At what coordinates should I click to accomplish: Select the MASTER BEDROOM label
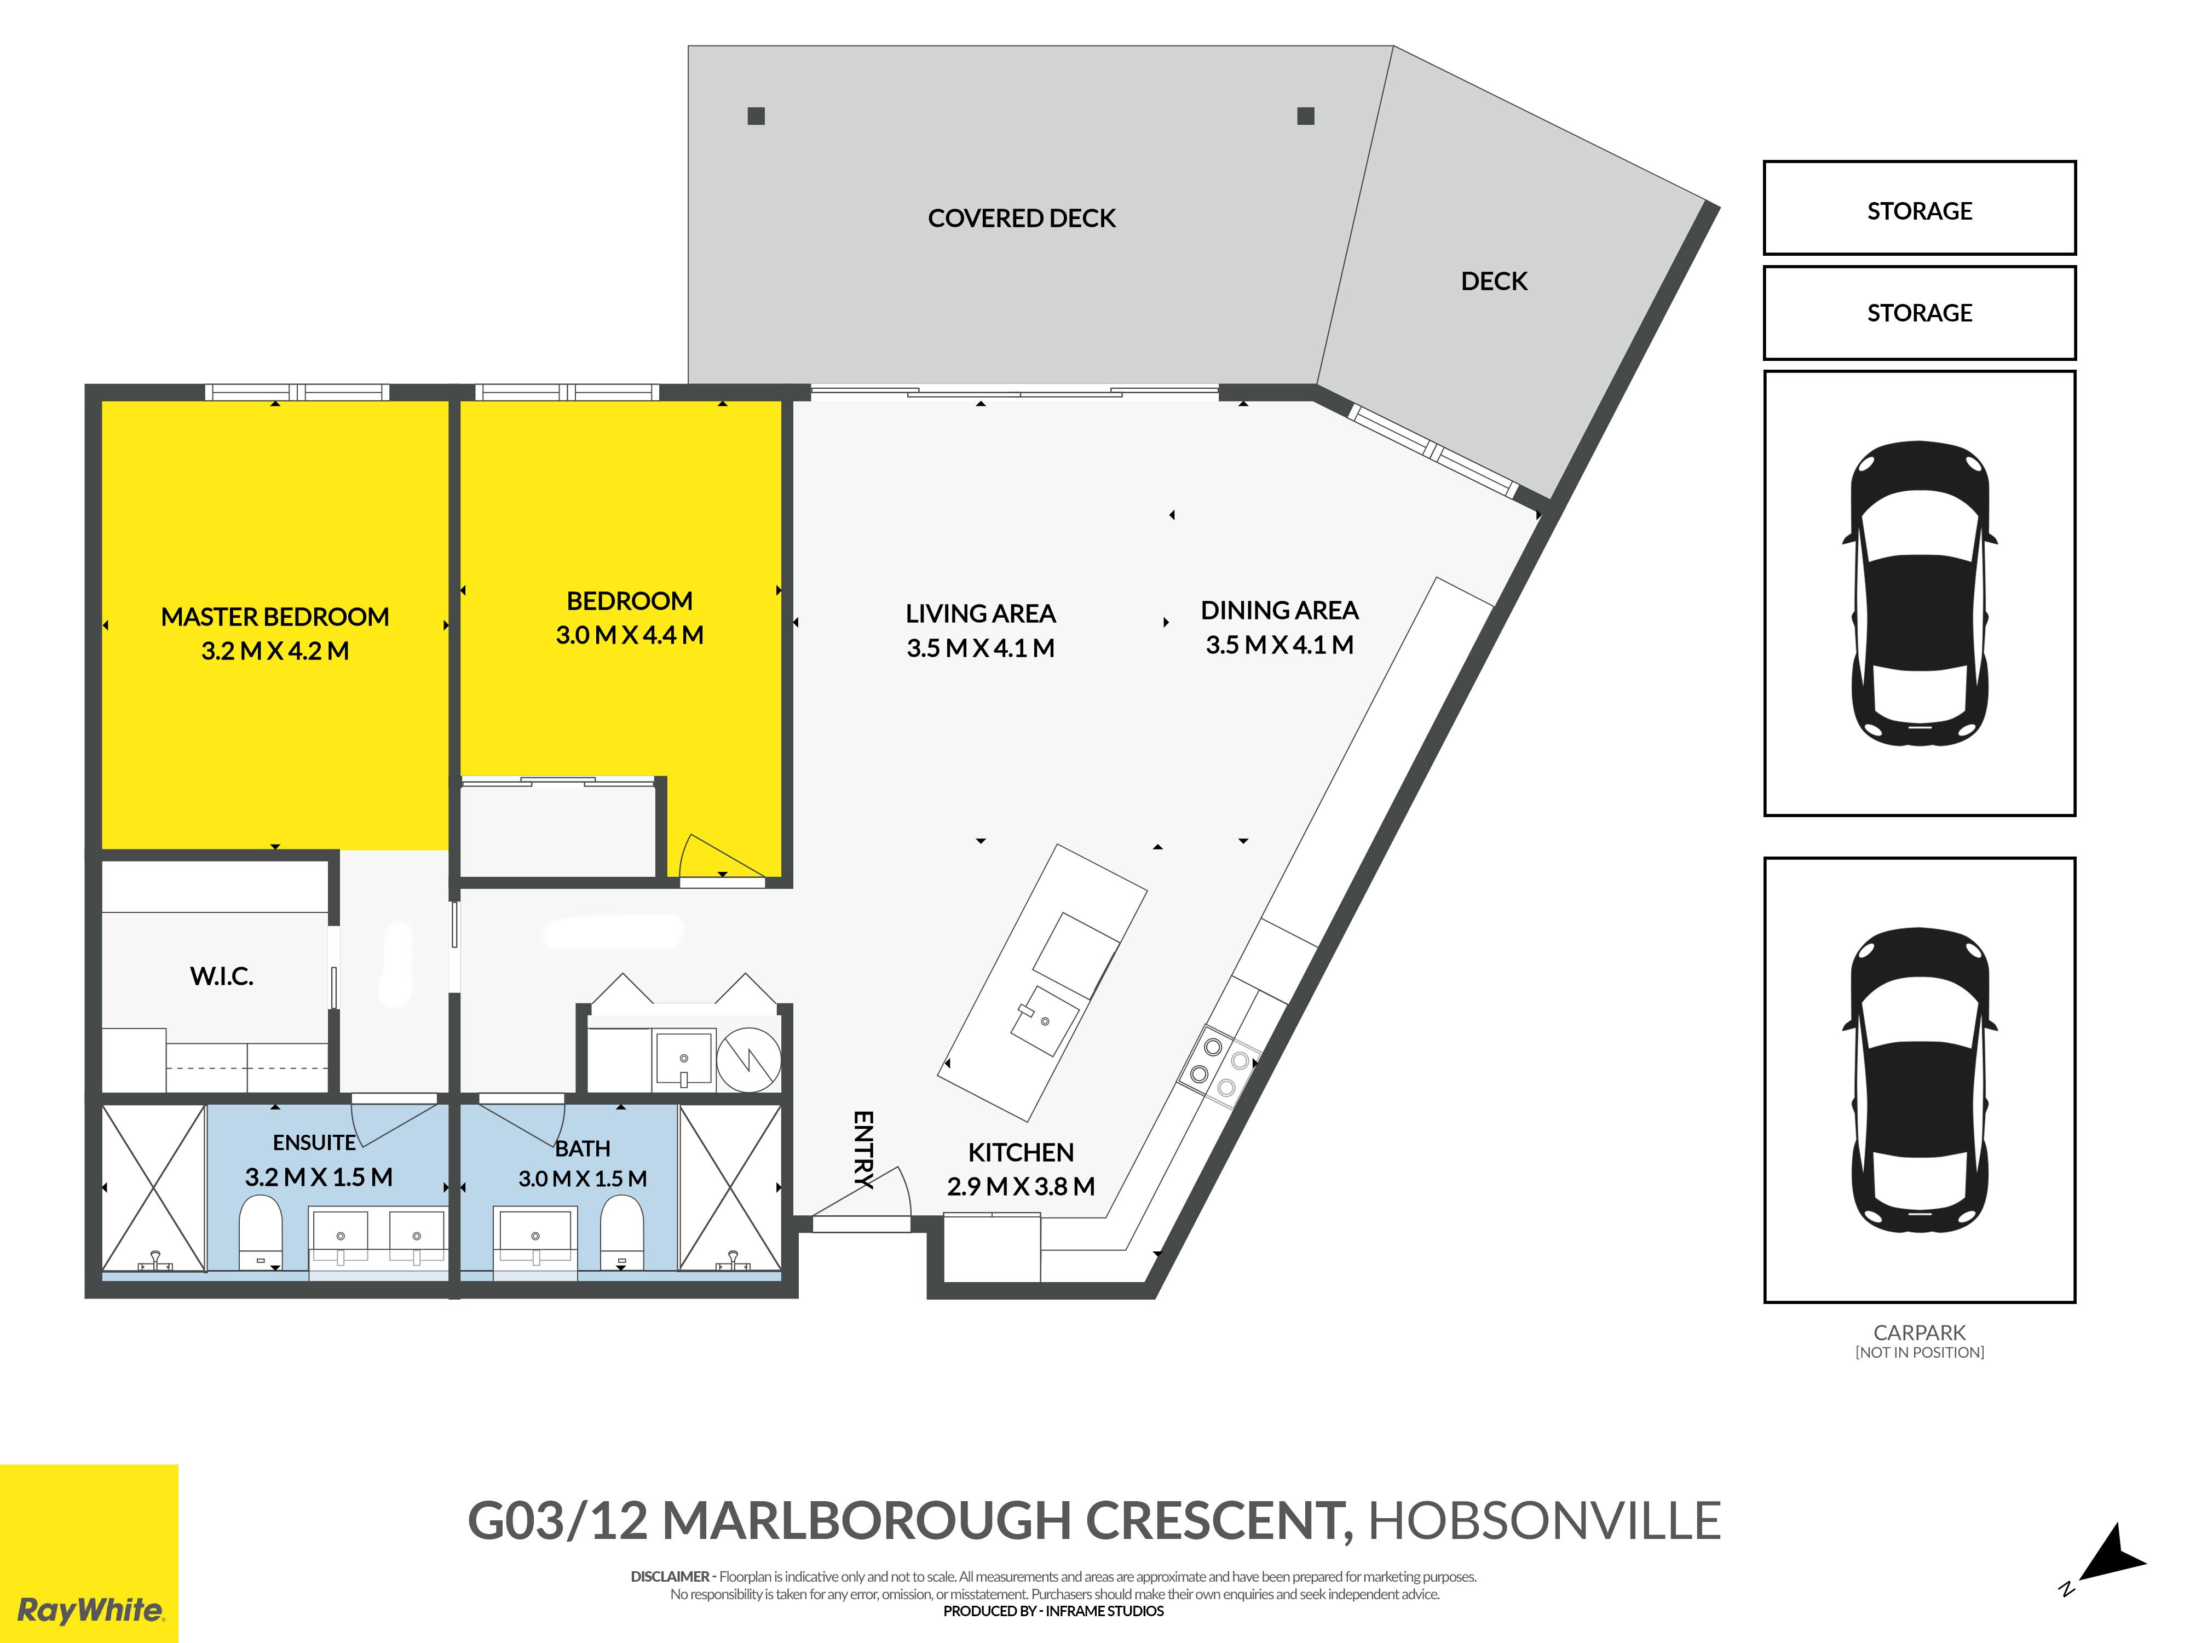coord(275,617)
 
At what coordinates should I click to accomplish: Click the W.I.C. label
coord(222,976)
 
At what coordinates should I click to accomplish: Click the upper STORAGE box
coord(1919,208)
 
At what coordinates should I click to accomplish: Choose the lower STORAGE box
coord(1919,313)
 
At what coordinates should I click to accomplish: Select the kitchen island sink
coord(1045,1020)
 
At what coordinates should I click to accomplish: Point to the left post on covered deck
coord(757,116)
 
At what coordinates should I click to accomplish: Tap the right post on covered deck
coord(1306,116)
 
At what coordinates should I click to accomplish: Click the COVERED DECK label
coord(1022,218)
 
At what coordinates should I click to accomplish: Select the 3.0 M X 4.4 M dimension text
coord(630,635)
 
